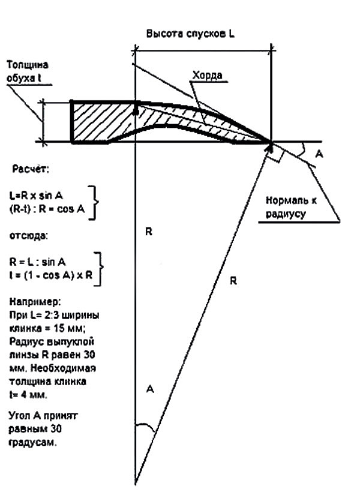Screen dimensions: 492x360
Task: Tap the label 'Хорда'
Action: (207, 76)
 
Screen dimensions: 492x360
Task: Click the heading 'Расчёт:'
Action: (31, 170)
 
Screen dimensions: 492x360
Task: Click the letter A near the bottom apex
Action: (150, 390)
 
